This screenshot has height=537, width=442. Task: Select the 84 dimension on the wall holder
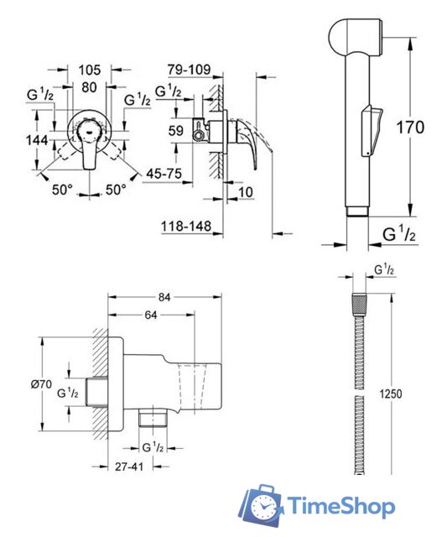click(166, 297)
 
